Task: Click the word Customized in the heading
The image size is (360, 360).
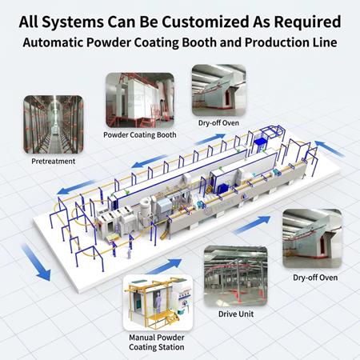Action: click(x=205, y=22)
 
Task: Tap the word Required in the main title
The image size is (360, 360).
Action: click(x=308, y=22)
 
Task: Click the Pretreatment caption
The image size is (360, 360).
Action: click(x=54, y=162)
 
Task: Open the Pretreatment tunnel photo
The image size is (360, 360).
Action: click(x=54, y=125)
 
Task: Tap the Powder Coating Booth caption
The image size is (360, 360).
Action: click(x=140, y=135)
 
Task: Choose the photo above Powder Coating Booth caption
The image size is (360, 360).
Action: click(x=140, y=100)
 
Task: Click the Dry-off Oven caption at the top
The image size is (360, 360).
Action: click(x=218, y=123)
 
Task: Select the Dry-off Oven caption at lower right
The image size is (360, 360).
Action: click(x=315, y=278)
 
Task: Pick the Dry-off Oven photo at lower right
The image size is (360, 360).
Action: click(x=312, y=238)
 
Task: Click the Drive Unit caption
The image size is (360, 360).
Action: click(x=236, y=314)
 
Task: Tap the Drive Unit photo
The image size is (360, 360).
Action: click(x=236, y=276)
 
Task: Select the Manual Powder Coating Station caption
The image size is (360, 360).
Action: click(x=157, y=342)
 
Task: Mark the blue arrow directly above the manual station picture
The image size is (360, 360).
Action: click(x=165, y=266)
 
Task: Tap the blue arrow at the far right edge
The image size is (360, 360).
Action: click(x=330, y=149)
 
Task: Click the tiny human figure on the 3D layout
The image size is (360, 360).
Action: click(x=129, y=254)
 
